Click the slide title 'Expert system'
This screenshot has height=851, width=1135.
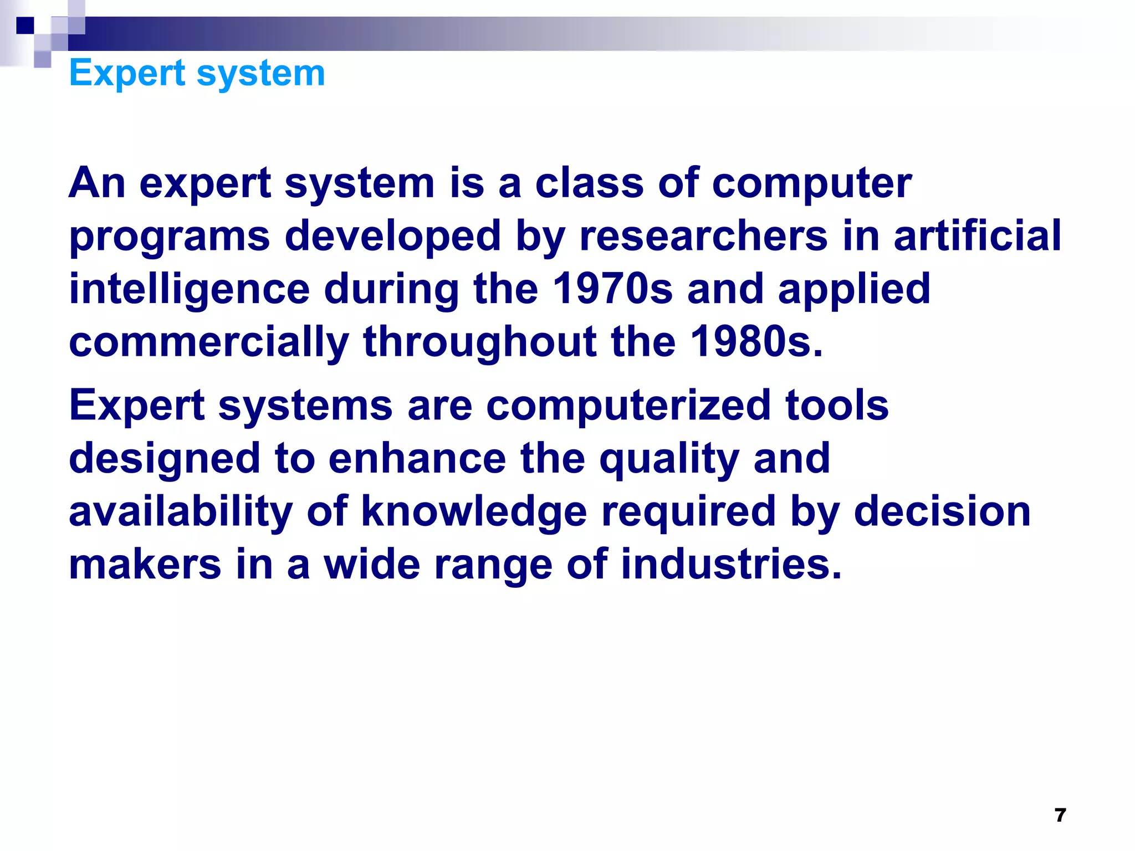coord(197,73)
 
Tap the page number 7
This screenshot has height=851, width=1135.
coord(1060,815)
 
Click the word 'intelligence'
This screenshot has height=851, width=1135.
coord(189,290)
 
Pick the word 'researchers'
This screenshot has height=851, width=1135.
coord(703,235)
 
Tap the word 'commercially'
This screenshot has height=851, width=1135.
coord(209,342)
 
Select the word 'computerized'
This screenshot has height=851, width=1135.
coord(628,405)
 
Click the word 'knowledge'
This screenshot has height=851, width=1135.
coord(474,511)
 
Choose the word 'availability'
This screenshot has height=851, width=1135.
coord(181,511)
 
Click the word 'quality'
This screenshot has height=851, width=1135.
coord(669,459)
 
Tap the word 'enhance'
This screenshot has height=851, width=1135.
coord(417,458)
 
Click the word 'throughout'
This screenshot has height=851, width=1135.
coord(479,342)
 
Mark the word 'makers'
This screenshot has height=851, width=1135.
coord(145,564)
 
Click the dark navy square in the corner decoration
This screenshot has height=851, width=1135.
coord(25,25)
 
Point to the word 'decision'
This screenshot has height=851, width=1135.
coord(942,511)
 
